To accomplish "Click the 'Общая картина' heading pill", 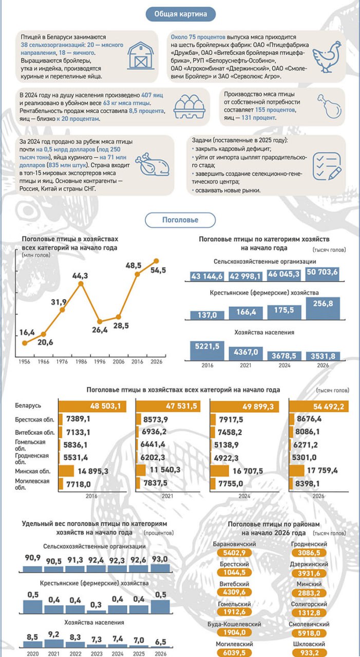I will [181, 14].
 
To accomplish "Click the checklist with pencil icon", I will [327, 165].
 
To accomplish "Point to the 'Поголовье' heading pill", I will [180, 220].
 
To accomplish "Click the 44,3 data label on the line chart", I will [80, 276].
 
